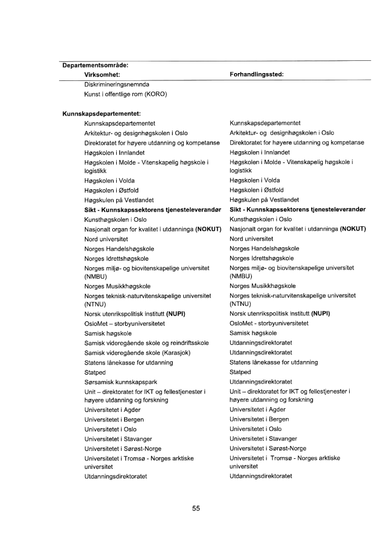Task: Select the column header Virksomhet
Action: (x=103, y=74)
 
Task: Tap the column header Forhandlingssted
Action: (x=258, y=74)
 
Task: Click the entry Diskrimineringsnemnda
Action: (x=116, y=84)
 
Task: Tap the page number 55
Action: (x=195, y=508)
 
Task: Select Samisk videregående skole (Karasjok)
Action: (x=137, y=353)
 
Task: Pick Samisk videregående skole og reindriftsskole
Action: (x=146, y=343)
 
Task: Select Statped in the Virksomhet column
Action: (x=94, y=372)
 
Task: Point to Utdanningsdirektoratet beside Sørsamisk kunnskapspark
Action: (x=261, y=382)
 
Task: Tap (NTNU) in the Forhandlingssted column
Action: (x=240, y=304)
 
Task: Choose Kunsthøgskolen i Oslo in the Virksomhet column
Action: (x=116, y=219)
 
